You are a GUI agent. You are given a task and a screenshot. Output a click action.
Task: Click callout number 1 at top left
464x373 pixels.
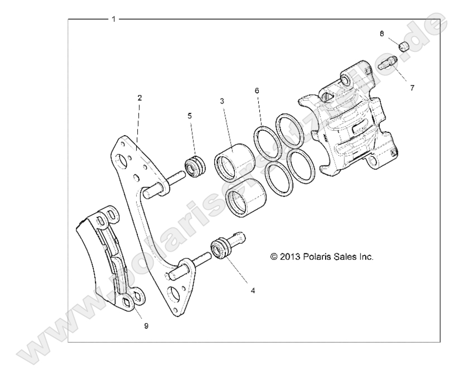[113, 19]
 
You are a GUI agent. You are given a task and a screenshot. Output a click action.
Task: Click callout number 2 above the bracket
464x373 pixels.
[139, 98]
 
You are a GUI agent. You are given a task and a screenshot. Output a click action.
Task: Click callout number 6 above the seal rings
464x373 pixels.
[257, 91]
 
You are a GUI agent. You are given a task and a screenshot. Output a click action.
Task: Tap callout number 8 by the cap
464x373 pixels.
[382, 33]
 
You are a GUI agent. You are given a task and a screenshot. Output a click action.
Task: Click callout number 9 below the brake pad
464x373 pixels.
[146, 326]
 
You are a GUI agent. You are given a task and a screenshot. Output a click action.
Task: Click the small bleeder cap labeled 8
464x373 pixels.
[405, 47]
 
